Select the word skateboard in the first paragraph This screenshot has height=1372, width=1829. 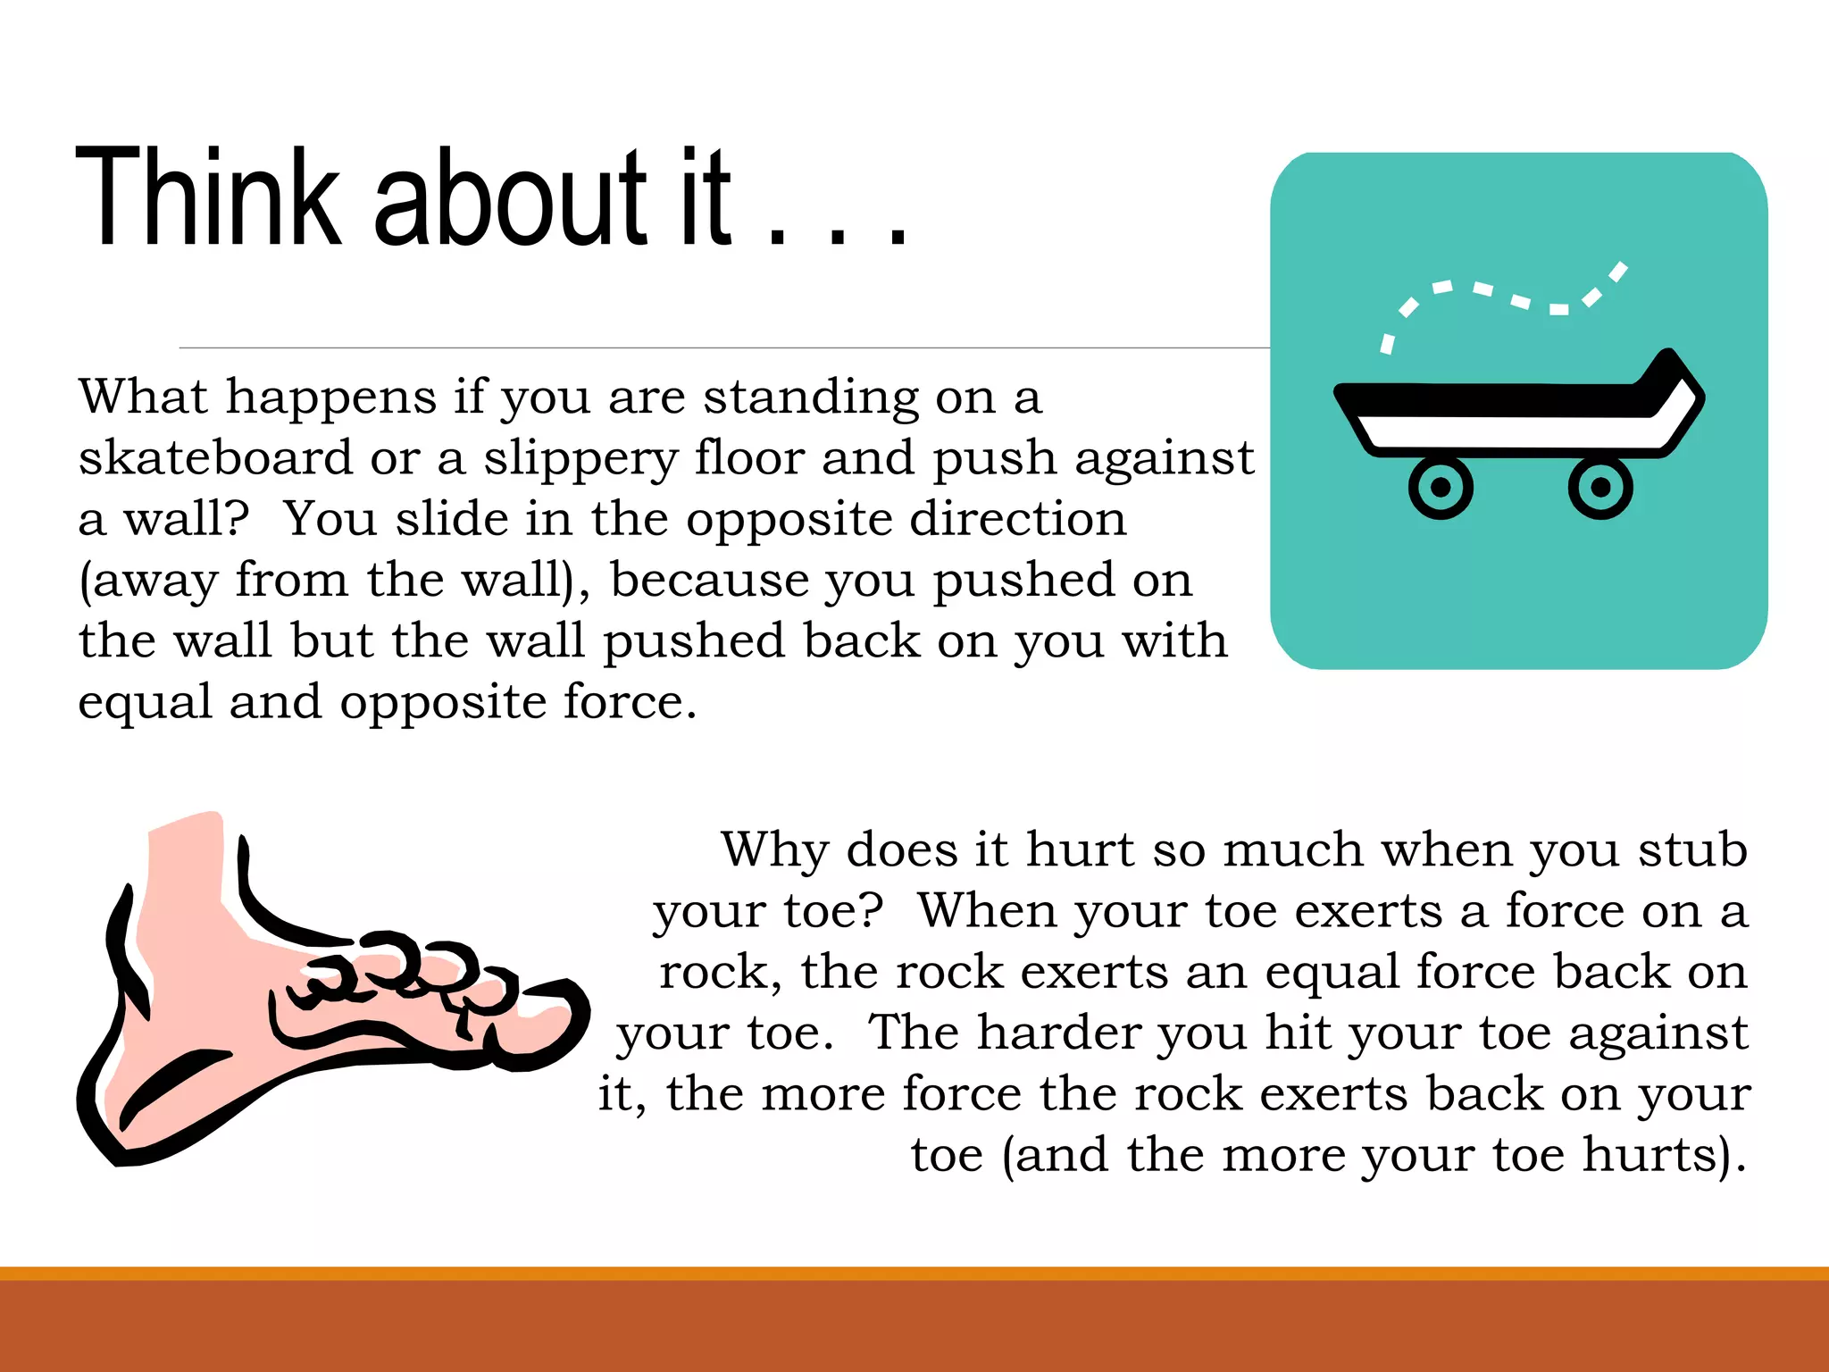pyautogui.click(x=215, y=458)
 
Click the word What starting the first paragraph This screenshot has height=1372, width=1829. pyautogui.click(x=142, y=397)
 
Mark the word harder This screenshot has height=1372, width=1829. pyautogui.click(x=1057, y=1033)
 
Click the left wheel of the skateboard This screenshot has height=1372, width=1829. pyautogui.click(x=1441, y=487)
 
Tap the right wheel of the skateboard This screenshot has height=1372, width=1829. pyautogui.click(x=1600, y=487)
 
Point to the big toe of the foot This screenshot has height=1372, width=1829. pyautogui.click(x=545, y=1027)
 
